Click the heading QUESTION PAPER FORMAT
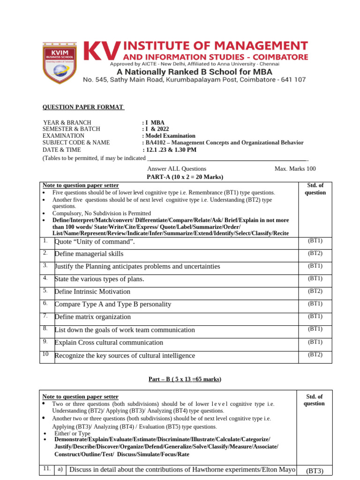[x=83, y=107]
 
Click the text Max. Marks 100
[x=295, y=169]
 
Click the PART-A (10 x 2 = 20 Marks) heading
[x=185, y=177]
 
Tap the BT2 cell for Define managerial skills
[x=315, y=254]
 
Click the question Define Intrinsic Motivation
[x=92, y=292]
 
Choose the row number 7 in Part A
[x=45, y=316]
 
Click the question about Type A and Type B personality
[x=113, y=304]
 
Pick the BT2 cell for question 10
[x=315, y=355]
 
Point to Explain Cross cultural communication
[x=109, y=343]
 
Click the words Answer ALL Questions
[x=177, y=169]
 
